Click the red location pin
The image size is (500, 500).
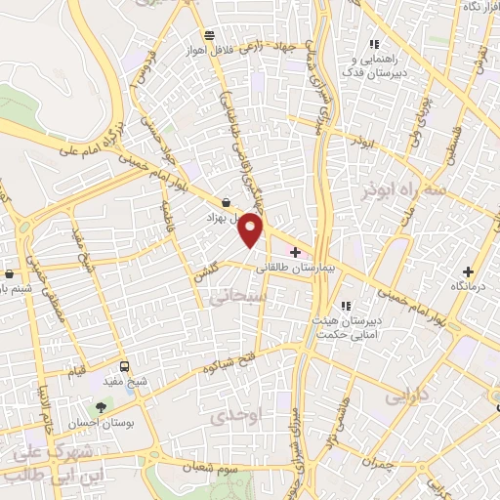click(253, 229)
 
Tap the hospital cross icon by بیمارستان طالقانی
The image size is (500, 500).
click(295, 252)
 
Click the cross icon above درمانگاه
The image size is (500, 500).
click(468, 271)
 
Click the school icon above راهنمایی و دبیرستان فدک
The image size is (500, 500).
click(374, 43)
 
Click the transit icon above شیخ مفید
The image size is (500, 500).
click(123, 366)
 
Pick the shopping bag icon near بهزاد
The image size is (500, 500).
click(227, 203)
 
